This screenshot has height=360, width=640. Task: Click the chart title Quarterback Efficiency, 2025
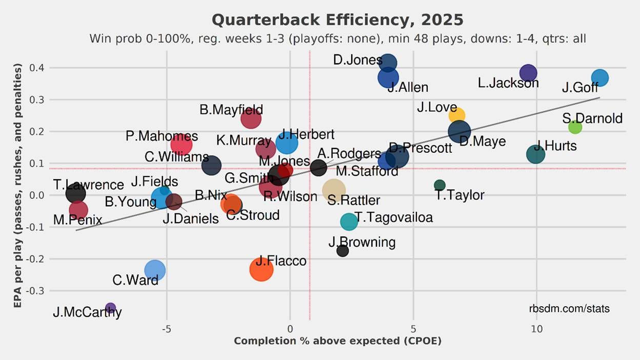point(337,21)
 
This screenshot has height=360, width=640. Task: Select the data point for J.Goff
point(599,78)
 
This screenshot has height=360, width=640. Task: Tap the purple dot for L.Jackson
point(528,73)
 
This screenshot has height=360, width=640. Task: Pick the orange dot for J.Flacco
point(261,269)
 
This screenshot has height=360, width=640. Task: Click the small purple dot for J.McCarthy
point(110,308)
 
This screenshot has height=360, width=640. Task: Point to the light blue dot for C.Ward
point(154,270)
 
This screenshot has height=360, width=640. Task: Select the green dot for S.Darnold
point(575,127)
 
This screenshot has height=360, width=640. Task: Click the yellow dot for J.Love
point(456,115)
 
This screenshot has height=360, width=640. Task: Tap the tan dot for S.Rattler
point(334,190)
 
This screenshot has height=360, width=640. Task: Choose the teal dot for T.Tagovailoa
point(349,222)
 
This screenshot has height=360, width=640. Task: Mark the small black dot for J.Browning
point(343,251)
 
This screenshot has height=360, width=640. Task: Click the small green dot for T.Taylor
point(439,185)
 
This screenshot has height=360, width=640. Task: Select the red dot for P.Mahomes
point(181,144)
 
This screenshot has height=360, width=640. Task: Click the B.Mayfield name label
point(231,109)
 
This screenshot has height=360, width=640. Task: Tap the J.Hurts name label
point(555,146)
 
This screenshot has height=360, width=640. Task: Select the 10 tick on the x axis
point(536,329)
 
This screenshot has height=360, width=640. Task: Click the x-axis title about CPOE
point(337,341)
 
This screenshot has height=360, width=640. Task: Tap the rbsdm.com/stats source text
point(569,309)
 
